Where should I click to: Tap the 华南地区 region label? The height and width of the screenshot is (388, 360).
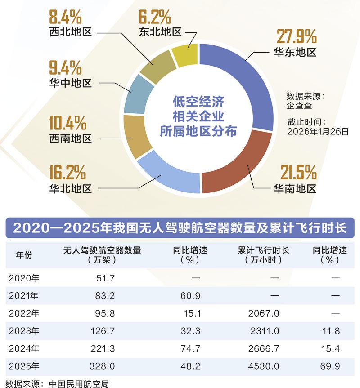(x=295, y=188)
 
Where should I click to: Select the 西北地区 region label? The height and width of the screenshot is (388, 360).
(x=71, y=32)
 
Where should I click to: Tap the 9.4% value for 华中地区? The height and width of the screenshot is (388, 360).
(x=65, y=68)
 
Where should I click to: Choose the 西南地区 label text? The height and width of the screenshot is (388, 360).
(x=71, y=138)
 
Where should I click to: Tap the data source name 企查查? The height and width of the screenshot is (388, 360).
(x=299, y=106)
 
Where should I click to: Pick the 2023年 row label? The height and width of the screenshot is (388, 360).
(x=24, y=331)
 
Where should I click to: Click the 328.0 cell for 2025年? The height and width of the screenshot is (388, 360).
(x=107, y=366)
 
